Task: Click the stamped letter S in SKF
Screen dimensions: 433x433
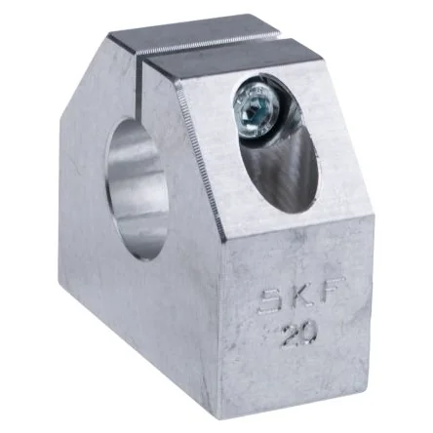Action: [271, 300]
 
